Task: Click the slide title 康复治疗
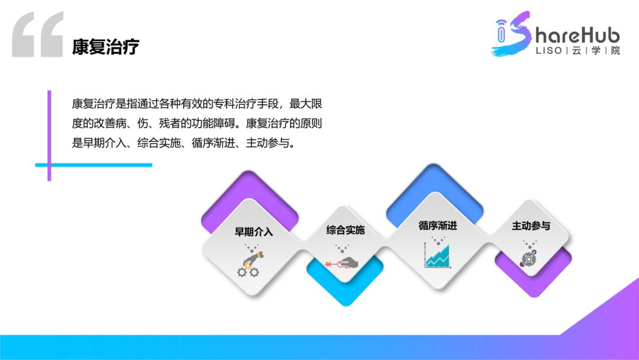click(105, 47)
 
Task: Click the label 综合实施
click(346, 230)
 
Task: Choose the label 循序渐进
click(438, 226)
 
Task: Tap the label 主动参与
click(531, 226)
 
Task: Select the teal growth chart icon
click(438, 256)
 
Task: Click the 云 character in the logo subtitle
click(576, 51)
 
